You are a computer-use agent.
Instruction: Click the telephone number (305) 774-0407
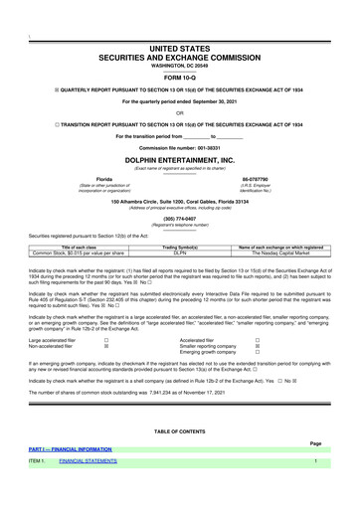180,217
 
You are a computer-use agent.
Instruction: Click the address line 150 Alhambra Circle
180,201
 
